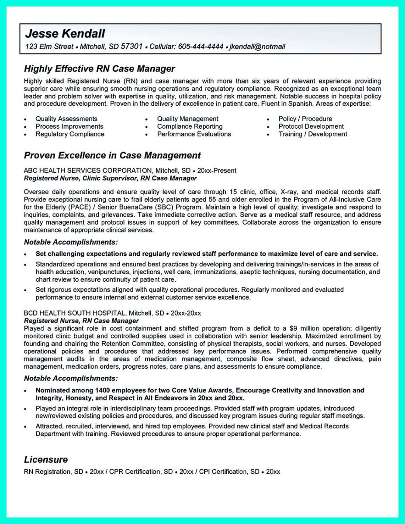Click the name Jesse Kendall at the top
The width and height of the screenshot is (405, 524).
click(x=65, y=34)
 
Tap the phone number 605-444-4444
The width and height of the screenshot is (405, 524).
click(x=201, y=46)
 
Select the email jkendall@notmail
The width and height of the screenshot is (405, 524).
click(x=257, y=46)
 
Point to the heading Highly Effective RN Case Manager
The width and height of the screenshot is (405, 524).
click(x=99, y=69)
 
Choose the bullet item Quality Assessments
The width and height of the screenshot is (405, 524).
click(x=66, y=119)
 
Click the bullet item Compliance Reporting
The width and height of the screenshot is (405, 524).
click(x=190, y=127)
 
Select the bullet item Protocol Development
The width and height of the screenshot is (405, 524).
click(x=311, y=127)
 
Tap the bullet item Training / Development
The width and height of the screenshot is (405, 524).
click(x=313, y=134)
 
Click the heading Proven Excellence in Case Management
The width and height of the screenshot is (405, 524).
click(x=112, y=155)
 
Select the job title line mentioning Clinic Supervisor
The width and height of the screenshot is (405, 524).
click(x=110, y=178)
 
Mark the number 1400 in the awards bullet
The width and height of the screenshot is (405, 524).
click(x=103, y=390)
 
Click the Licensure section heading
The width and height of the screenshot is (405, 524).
click(x=46, y=459)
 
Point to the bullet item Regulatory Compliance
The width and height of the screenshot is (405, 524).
click(x=70, y=134)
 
